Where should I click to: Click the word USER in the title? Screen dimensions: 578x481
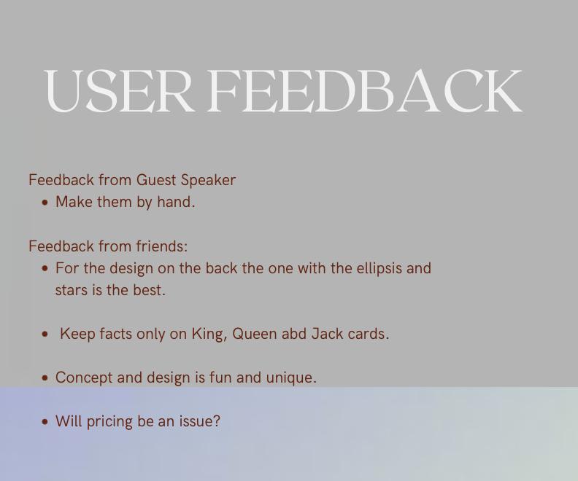pos(118,90)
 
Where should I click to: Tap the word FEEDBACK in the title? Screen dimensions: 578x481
pos(364,90)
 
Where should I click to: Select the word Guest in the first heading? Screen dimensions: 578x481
pos(156,180)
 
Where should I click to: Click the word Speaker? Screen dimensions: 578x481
pos(208,181)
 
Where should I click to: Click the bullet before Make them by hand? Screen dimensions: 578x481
pos(45,203)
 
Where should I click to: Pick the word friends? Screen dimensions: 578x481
pos(162,246)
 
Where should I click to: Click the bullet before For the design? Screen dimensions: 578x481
pos(45,269)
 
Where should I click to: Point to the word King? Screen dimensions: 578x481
pos(207,335)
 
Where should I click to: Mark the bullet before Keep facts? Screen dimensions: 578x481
pos(45,335)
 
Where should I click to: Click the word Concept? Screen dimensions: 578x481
pos(84,378)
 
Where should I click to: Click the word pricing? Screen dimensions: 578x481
pos(109,422)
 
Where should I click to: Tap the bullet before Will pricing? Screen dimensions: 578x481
pos(45,422)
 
